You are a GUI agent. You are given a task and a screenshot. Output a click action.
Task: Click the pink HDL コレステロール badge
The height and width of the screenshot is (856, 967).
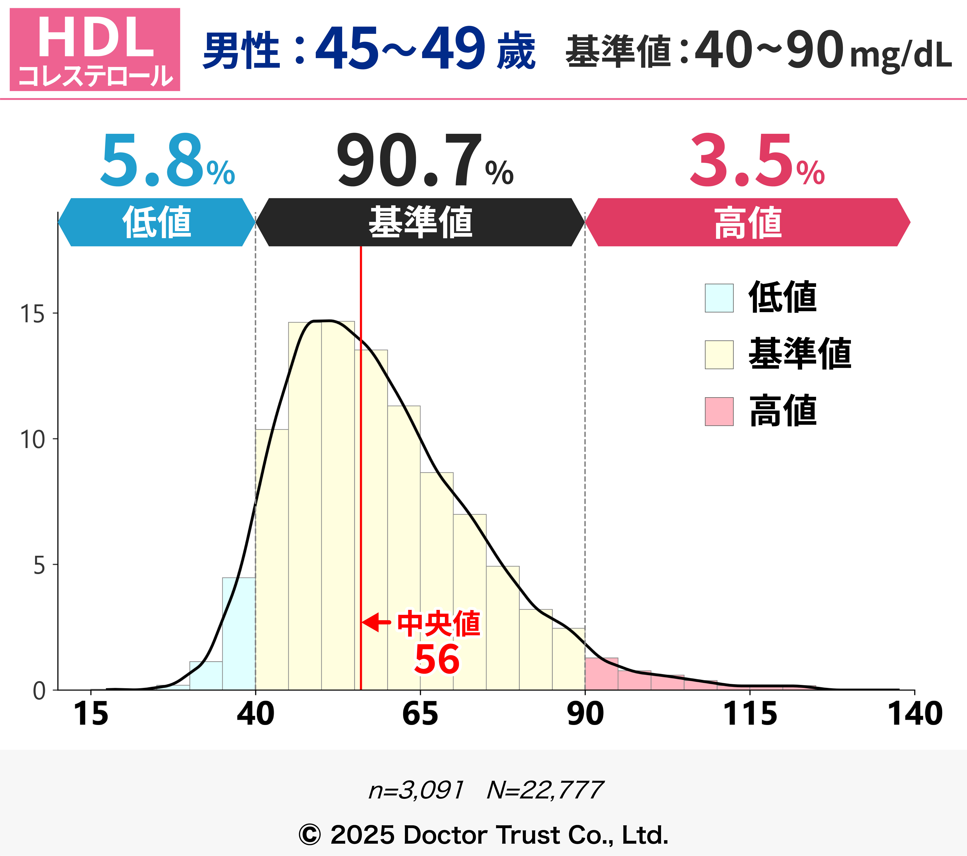pyautogui.click(x=95, y=49)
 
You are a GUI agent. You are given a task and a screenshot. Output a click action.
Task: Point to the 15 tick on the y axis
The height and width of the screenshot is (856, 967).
pyautogui.click(x=32, y=314)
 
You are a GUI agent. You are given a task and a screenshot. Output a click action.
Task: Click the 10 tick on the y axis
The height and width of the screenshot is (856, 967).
pyautogui.click(x=32, y=440)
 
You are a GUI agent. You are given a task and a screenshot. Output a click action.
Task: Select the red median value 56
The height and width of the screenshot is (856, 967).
pyautogui.click(x=437, y=660)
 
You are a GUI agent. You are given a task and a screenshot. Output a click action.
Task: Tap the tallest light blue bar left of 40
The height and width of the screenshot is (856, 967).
pyautogui.click(x=239, y=634)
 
